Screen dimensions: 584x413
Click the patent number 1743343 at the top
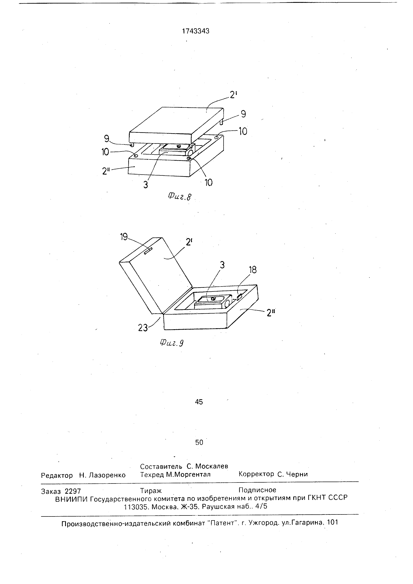(x=196, y=31)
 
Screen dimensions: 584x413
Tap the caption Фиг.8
(x=179, y=196)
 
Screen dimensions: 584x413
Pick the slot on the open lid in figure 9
(x=148, y=251)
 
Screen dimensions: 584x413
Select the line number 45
(x=199, y=402)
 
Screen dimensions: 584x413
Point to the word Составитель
(x=161, y=466)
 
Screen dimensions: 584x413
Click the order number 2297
(x=73, y=491)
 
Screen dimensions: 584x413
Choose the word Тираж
(x=151, y=491)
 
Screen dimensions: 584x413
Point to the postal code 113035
(x=136, y=507)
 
